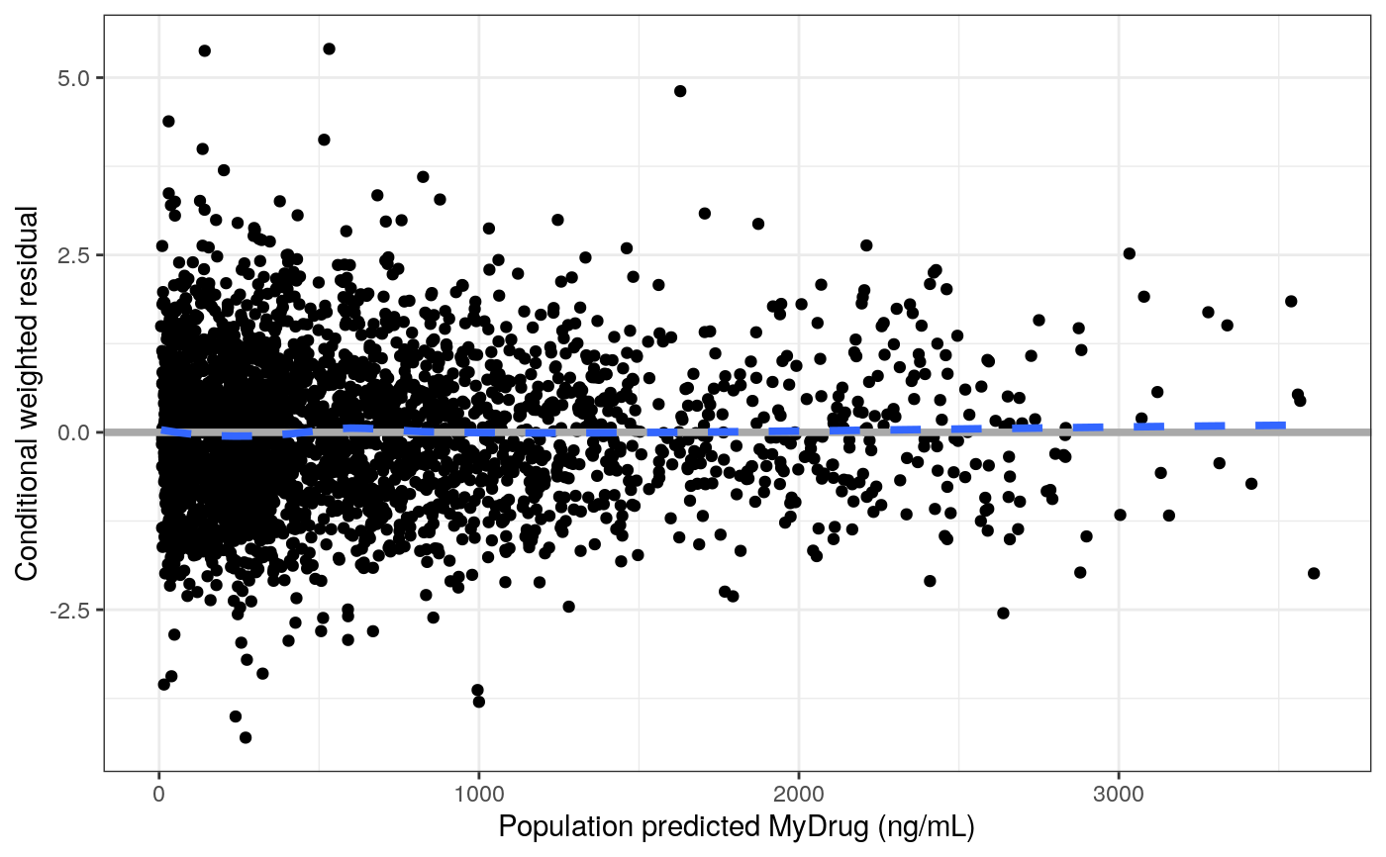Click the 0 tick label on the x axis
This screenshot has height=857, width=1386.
pos(159,795)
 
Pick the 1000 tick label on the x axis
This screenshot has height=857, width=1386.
pos(478,795)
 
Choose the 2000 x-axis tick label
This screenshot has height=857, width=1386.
pos(798,795)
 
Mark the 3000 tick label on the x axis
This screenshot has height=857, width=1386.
pos(1118,795)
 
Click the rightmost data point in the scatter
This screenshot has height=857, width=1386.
pos(1314,573)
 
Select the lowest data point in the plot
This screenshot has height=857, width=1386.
pos(246,737)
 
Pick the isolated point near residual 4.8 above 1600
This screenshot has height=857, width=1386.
pos(680,91)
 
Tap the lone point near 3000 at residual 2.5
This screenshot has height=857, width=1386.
pos(1129,253)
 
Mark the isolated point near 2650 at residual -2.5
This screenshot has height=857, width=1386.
pos(1003,613)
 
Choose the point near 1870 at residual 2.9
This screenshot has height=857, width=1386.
pos(758,224)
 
